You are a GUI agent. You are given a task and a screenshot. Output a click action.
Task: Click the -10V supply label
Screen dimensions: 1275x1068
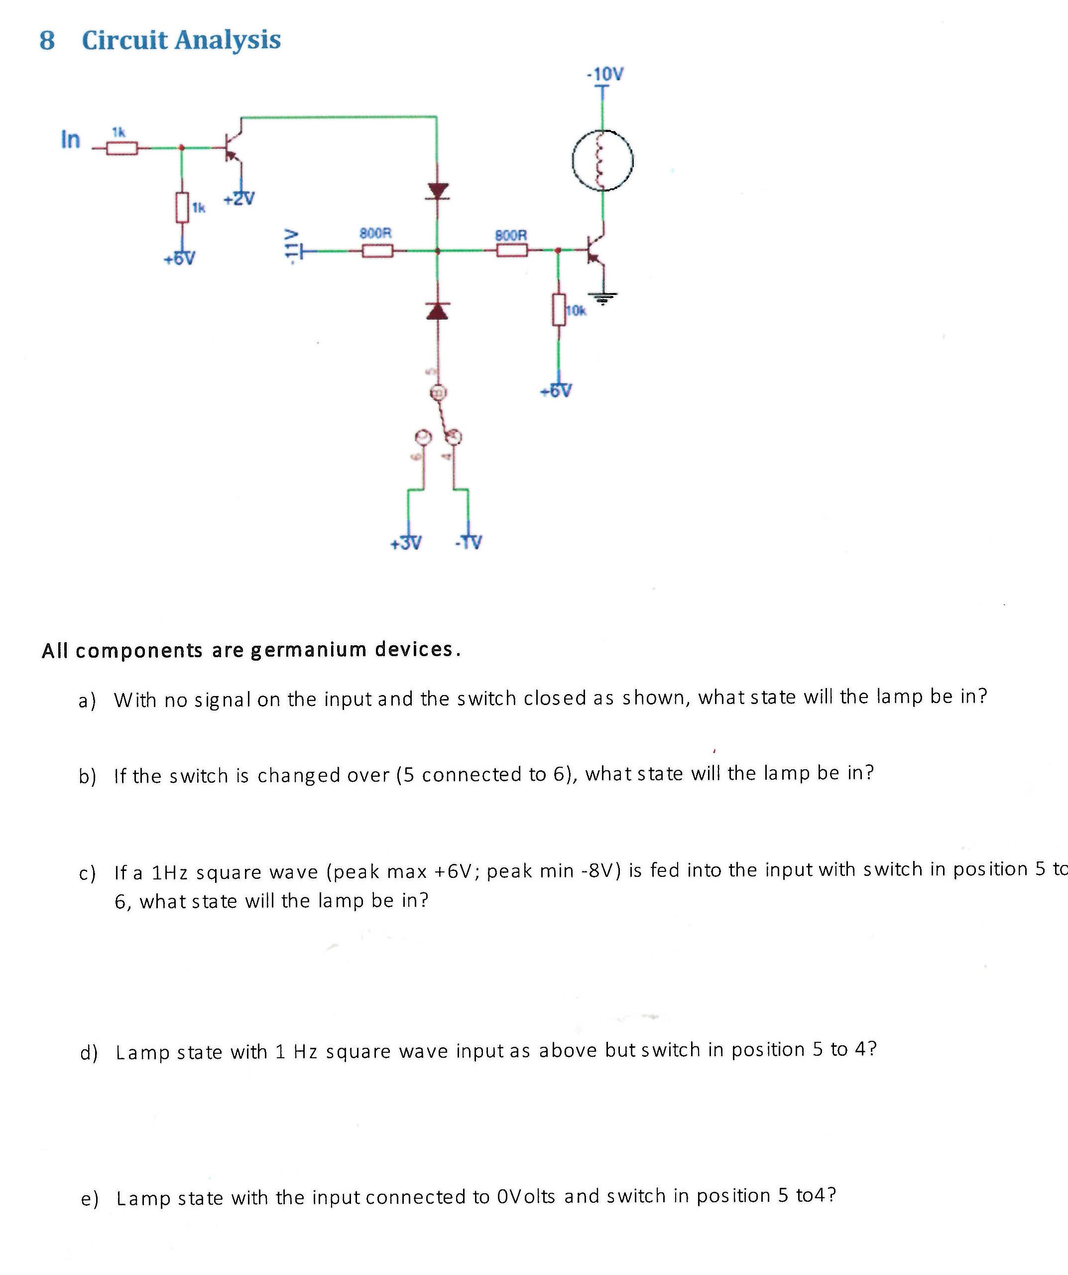pos(604,75)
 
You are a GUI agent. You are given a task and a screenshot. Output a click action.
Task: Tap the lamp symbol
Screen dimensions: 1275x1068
pos(602,161)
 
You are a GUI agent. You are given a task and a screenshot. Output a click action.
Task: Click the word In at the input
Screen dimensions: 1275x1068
pos(70,140)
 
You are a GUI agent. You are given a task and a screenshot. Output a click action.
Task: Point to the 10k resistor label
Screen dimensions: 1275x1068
pos(576,311)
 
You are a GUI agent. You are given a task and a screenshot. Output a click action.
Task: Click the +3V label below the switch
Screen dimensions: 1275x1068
pos(405,542)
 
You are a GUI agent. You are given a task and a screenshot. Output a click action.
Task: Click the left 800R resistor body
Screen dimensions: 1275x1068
pos(377,251)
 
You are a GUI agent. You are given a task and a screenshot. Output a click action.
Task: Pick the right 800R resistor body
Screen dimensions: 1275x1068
pos(511,250)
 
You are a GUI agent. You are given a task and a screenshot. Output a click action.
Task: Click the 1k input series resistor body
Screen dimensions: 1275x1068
pos(121,148)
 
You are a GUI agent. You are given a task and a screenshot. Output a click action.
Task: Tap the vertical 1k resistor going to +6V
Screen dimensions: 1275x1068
pos(181,208)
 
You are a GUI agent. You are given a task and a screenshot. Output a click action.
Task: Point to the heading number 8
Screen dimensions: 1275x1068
pos(47,41)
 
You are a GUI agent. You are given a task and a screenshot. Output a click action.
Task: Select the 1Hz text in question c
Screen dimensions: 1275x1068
pos(169,872)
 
